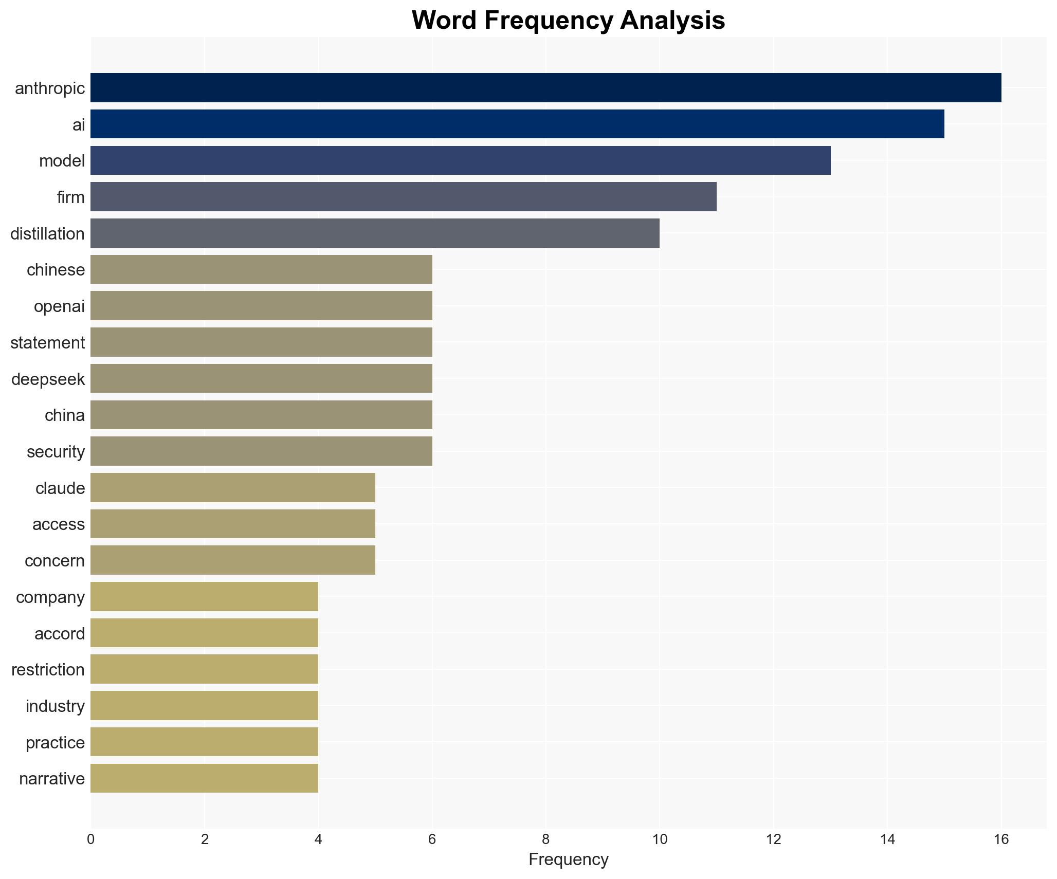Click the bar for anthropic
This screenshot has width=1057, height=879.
coord(545,88)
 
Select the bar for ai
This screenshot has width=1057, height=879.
coord(517,124)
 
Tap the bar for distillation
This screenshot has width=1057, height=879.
coord(375,233)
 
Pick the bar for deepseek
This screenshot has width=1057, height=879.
coord(261,379)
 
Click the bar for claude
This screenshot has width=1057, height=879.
coord(233,488)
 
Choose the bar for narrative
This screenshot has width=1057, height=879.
coord(204,778)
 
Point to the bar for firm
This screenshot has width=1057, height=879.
coord(403,197)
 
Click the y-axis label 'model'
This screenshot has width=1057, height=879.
coord(62,161)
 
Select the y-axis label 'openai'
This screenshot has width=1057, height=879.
coord(59,307)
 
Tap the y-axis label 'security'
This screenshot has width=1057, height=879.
coord(56,452)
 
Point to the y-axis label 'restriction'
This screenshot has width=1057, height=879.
coord(48,670)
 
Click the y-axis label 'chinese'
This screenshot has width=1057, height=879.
coord(56,270)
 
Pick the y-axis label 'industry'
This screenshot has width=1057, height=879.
coord(55,706)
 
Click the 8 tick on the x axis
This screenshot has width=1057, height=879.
coord(545,839)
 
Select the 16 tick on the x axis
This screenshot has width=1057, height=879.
coord(1001,839)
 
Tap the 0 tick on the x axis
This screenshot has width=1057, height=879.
coord(91,839)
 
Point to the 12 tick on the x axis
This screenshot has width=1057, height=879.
coord(773,839)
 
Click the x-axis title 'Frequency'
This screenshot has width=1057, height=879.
coord(568,859)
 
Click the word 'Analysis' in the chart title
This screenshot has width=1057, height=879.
coord(672,21)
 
